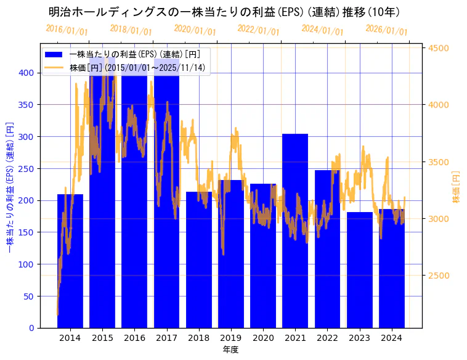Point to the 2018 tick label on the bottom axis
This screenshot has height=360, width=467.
click(199, 338)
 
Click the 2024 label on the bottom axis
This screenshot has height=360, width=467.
click(392, 338)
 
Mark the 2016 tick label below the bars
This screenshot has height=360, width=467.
click(134, 338)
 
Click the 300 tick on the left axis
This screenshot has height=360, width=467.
click(27, 137)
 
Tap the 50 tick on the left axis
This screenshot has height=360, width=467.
click(30, 297)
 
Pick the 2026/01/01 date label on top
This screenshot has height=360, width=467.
click(386, 30)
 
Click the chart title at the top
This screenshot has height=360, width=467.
click(224, 12)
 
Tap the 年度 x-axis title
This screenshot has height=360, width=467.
click(230, 350)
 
